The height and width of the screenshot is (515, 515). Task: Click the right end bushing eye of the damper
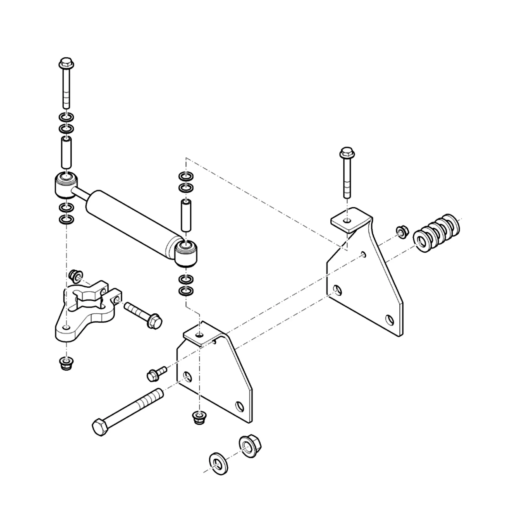click(x=186, y=253)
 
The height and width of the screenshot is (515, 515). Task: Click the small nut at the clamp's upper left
click(x=76, y=276)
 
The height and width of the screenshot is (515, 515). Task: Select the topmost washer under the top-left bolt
click(x=66, y=117)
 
